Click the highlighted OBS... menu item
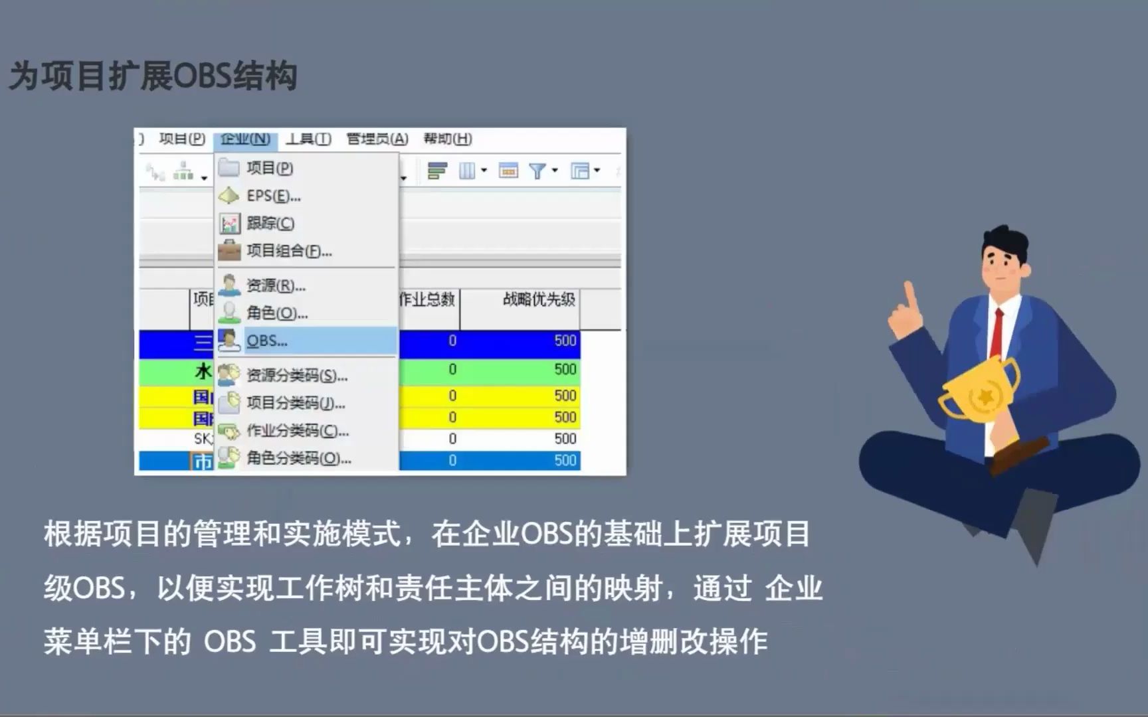[267, 341]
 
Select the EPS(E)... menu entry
[273, 196]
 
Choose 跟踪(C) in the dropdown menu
[270, 223]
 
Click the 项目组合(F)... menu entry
[289, 251]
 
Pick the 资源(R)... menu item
[276, 285]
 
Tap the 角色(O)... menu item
[277, 313]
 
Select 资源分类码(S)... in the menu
[297, 376]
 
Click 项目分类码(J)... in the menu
[296, 403]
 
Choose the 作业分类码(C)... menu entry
[298, 431]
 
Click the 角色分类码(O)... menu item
[299, 458]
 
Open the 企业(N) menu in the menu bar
[245, 139]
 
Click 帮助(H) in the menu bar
[448, 139]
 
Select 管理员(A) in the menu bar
[377, 139]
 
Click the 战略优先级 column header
[538, 300]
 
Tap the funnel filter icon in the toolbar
[537, 171]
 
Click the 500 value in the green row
[565, 369]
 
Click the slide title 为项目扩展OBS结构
[153, 76]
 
